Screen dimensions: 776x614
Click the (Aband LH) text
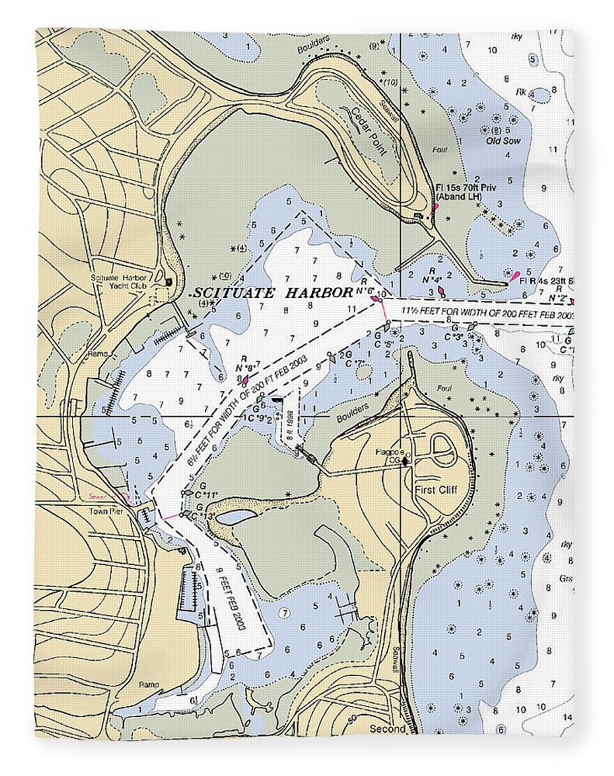(x=458, y=198)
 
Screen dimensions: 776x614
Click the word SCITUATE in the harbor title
(x=226, y=293)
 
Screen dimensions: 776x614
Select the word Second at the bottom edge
(x=387, y=729)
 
